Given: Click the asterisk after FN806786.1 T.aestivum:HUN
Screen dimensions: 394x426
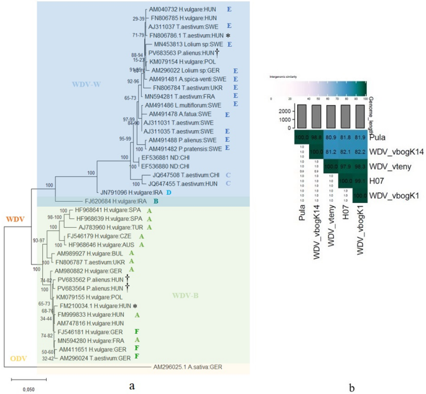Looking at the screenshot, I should tap(228, 37).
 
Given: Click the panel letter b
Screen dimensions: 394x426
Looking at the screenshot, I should tap(352, 386).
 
